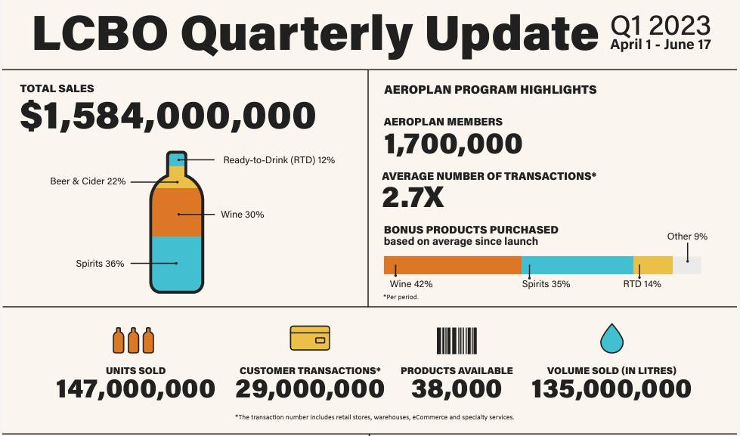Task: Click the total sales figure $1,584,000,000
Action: click(x=167, y=116)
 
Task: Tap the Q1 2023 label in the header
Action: click(x=660, y=26)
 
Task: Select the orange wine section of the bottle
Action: click(x=176, y=212)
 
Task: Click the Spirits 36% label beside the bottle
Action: click(x=100, y=264)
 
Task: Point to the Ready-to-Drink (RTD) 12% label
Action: click(x=279, y=160)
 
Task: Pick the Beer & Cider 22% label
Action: click(x=88, y=181)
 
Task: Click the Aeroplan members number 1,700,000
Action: click(x=453, y=144)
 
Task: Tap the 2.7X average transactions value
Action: click(x=413, y=197)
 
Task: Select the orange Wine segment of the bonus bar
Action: click(x=452, y=265)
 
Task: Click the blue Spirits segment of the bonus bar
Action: click(x=577, y=265)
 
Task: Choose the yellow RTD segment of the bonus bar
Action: click(x=652, y=265)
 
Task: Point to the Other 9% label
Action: click(x=687, y=237)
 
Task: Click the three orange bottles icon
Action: click(x=134, y=340)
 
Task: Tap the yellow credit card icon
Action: click(x=310, y=339)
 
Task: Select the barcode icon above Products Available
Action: click(x=457, y=340)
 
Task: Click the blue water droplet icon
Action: click(x=611, y=339)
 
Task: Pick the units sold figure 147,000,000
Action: click(x=135, y=389)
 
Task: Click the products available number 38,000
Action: click(x=457, y=389)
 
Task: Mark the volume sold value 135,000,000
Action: click(x=611, y=389)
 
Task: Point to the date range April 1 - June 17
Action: click(x=660, y=45)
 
